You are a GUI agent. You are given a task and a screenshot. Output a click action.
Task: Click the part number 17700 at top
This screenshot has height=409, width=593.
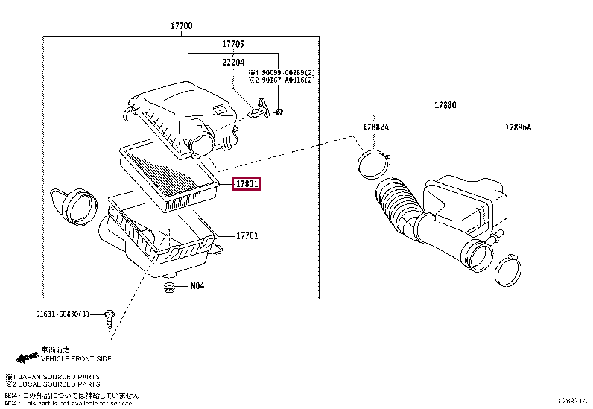(x=181, y=26)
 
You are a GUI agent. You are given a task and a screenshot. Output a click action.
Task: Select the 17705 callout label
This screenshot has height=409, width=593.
(x=233, y=45)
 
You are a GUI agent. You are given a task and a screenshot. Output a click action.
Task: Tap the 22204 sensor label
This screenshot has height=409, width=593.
(x=233, y=63)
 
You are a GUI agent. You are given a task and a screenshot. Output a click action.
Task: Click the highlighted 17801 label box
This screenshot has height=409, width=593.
(x=247, y=183)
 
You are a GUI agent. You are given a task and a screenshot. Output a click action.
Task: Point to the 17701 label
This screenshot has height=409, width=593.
(x=247, y=236)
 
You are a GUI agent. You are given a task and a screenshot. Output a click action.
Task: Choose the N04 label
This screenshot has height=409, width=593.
(x=197, y=285)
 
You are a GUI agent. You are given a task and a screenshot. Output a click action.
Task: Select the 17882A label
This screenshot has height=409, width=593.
(x=375, y=127)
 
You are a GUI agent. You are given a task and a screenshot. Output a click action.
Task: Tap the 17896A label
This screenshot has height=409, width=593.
(x=517, y=127)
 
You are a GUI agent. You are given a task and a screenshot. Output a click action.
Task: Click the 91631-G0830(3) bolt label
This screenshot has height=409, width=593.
(x=62, y=315)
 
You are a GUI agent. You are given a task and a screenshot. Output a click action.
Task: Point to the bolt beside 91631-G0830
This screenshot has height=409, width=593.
(x=110, y=317)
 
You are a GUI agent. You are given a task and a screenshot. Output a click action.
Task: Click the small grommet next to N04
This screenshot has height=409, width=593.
(x=170, y=287)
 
